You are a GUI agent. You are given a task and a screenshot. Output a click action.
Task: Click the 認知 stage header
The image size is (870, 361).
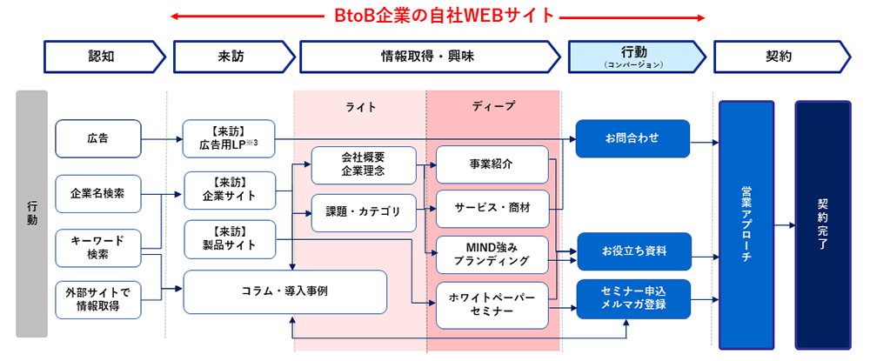(x=103, y=57)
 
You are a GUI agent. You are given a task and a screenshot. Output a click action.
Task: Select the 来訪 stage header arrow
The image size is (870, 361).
(x=231, y=57)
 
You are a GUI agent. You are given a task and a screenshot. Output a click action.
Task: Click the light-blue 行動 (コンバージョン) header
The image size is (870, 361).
(x=634, y=57)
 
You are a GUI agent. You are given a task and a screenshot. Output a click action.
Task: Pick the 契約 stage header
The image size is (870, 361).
(x=779, y=57)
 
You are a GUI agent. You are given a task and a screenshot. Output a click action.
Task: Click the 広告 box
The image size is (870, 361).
(x=97, y=138)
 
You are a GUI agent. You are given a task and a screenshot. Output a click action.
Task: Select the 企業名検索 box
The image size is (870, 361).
(x=97, y=193)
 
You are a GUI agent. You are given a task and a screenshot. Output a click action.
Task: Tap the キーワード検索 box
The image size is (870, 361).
(x=97, y=247)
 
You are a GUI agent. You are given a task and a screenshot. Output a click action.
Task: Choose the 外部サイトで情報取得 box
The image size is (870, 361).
(x=97, y=298)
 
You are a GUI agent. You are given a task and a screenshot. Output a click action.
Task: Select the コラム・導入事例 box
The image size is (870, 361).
(x=284, y=291)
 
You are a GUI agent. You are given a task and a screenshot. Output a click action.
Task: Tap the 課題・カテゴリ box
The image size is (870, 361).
(x=363, y=210)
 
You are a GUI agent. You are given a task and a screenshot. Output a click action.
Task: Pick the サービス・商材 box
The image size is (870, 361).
(x=492, y=209)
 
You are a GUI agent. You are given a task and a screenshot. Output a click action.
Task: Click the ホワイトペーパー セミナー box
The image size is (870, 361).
(x=492, y=304)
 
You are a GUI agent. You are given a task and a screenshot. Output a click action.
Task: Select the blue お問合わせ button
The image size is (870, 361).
(x=632, y=138)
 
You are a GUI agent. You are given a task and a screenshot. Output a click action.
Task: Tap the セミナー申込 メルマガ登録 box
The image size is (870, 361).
(x=632, y=297)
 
